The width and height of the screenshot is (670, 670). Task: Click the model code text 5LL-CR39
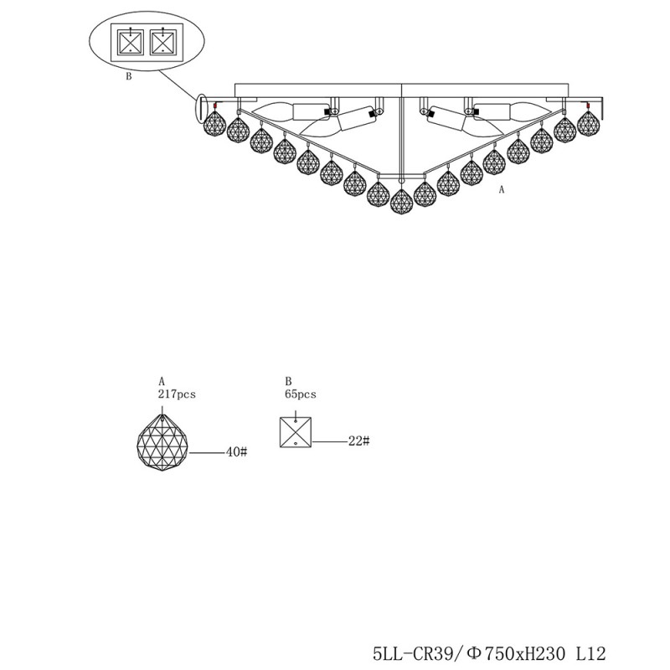(x=412, y=652)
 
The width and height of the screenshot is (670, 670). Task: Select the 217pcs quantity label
(x=176, y=393)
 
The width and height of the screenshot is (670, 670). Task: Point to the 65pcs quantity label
(x=301, y=393)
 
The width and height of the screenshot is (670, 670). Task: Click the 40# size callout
(x=237, y=452)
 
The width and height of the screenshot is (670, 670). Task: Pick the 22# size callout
(x=358, y=441)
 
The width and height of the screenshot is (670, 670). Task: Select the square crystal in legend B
(x=297, y=431)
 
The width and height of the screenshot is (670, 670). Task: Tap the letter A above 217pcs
(x=161, y=381)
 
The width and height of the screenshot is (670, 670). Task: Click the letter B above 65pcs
(x=287, y=381)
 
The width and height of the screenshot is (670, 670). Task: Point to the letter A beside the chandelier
(x=502, y=190)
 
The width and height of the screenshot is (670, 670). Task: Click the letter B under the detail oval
(x=128, y=77)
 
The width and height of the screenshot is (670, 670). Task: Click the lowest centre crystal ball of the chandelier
(x=402, y=201)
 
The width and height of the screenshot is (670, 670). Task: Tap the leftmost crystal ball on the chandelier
(x=214, y=126)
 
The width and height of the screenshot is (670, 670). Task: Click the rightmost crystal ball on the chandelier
(x=589, y=124)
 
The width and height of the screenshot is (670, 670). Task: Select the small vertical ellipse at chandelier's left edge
(x=202, y=106)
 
